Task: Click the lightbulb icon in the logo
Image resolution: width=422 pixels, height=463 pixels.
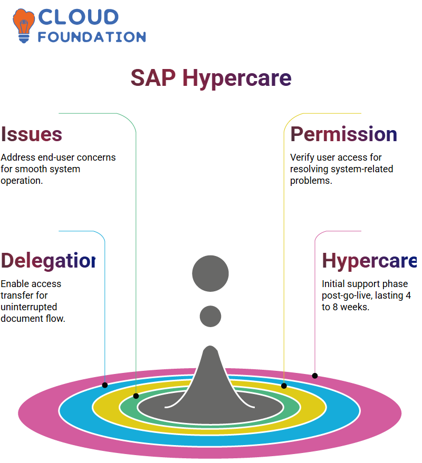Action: pyautogui.click(x=24, y=26)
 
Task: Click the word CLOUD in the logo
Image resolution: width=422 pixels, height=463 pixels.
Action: pyautogui.click(x=79, y=17)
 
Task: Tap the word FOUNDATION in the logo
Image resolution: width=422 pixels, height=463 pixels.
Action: pyautogui.click(x=92, y=37)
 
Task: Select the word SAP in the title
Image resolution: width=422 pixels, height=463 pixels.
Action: pyautogui.click(x=153, y=78)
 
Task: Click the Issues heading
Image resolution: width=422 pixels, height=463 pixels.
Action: pyautogui.click(x=31, y=134)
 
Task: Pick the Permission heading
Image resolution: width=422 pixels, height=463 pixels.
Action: pyautogui.click(x=343, y=134)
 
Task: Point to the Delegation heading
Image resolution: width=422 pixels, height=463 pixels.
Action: pyautogui.click(x=48, y=261)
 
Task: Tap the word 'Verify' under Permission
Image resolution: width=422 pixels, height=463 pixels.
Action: pyautogui.click(x=302, y=157)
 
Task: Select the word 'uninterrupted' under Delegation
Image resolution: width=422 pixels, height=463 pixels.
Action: pyautogui.click(x=28, y=307)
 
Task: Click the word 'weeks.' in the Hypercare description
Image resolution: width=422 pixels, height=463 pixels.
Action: pyautogui.click(x=355, y=307)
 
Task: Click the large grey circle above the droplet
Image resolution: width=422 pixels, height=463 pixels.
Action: pyautogui.click(x=210, y=273)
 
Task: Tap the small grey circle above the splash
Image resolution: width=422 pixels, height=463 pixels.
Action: pyautogui.click(x=210, y=316)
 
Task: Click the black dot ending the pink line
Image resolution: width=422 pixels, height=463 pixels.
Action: pyautogui.click(x=315, y=376)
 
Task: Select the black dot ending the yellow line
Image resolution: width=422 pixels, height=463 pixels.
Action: pyautogui.click(x=284, y=386)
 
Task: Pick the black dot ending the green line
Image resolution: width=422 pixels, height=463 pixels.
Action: pyautogui.click(x=136, y=396)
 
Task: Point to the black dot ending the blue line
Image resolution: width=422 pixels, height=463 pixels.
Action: pyautogui.click(x=104, y=385)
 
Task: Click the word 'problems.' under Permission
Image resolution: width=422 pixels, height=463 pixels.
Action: pyautogui.click(x=311, y=181)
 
